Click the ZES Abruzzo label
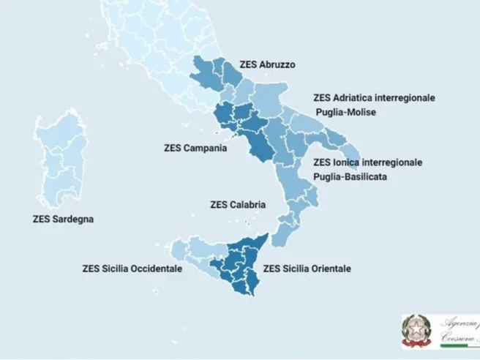[x=268, y=64]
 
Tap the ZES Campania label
[x=195, y=147]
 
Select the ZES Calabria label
[x=237, y=204]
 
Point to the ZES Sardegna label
[x=63, y=218]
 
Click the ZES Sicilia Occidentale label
[x=132, y=269]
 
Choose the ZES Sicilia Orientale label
[x=307, y=269]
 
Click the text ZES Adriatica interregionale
[x=374, y=97]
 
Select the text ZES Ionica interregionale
[x=367, y=162]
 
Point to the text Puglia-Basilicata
[x=350, y=177]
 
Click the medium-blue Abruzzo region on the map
[x=216, y=77]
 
